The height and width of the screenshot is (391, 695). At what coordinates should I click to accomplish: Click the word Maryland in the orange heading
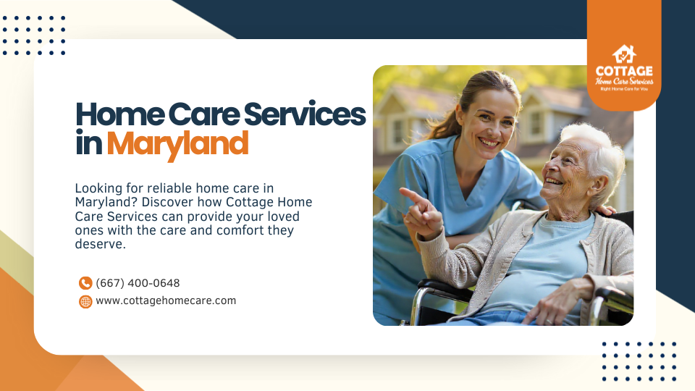177,143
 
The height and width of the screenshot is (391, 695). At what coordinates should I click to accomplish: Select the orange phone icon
85,283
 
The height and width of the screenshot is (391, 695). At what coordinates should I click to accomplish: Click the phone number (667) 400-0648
138,283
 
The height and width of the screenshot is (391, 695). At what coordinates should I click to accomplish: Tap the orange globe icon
85,301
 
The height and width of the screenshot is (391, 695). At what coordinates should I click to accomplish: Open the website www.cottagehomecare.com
166,300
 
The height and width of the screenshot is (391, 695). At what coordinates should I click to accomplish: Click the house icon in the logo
623,54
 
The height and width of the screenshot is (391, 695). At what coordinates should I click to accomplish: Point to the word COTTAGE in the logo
623,71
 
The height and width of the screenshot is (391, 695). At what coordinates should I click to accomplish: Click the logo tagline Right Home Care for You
623,88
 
